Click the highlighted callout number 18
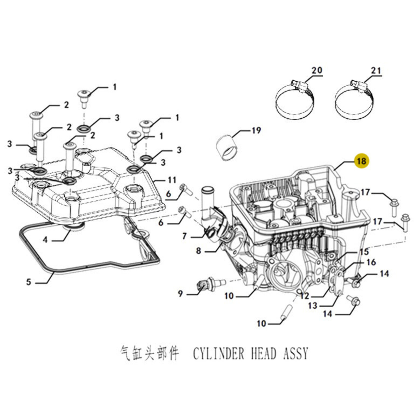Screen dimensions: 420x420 coord(362,161)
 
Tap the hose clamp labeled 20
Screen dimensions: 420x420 coord(295,99)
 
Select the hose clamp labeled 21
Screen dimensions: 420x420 coord(354,99)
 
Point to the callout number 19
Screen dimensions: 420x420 coord(257,130)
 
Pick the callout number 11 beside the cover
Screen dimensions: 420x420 coord(172,180)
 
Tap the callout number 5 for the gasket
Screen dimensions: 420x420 coord(28,282)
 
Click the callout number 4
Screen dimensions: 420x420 coord(45,240)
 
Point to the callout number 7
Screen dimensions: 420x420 coord(185,236)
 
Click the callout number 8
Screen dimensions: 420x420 coord(199,251)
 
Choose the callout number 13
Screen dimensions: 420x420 coord(312,306)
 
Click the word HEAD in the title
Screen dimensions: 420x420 coord(264,354)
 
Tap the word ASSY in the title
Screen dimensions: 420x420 coord(296,354)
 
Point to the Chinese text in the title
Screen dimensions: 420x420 coord(149,354)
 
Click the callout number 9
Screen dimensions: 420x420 coord(180,294)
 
